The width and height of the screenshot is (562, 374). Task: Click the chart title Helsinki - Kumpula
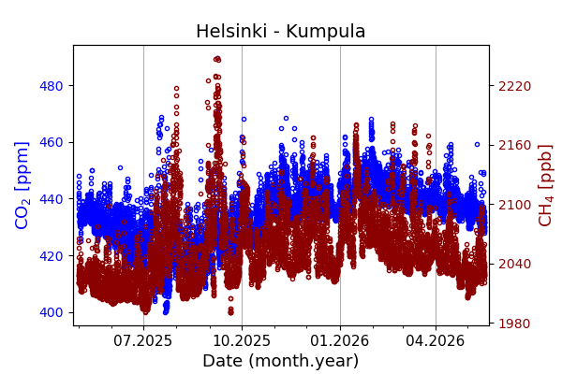point(281,31)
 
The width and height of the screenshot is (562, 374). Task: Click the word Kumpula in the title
point(326,31)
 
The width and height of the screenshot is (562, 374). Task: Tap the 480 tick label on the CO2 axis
point(51,86)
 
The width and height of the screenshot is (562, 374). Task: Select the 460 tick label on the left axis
point(51,142)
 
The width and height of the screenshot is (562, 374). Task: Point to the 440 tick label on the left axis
point(51,199)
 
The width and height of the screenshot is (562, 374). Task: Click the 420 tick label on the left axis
point(51,256)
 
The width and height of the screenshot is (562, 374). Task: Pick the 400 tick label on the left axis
point(51,312)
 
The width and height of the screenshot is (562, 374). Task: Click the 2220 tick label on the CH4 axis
point(515,86)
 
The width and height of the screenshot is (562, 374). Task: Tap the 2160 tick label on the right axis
point(515,145)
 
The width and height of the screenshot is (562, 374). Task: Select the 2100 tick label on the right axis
point(515,205)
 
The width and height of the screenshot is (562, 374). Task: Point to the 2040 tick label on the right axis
point(515,264)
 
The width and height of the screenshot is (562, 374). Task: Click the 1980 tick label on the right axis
point(515,324)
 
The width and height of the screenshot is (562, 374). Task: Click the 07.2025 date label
point(143,340)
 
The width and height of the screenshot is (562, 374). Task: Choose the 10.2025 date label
point(242,340)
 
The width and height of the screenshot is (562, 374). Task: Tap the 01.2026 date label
point(340,340)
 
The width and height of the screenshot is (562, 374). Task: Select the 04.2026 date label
point(436,340)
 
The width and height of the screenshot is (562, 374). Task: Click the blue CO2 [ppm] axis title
point(22,185)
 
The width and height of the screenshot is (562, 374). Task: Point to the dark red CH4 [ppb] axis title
point(545,185)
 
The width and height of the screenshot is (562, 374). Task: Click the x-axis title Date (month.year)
point(281,361)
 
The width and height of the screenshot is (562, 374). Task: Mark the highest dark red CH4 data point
point(217,59)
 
